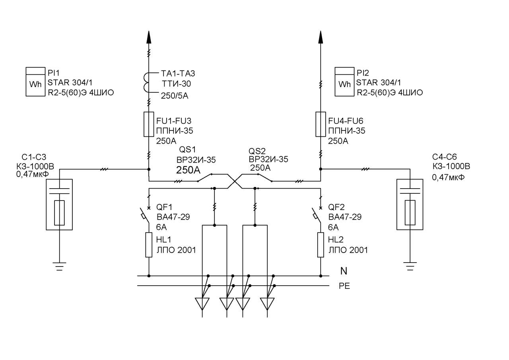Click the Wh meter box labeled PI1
pos(35,82)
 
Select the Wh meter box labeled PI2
pos(344,82)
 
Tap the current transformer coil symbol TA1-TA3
pos(147,83)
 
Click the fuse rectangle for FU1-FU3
pos(149,125)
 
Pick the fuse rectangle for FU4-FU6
pos(321,125)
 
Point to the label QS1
pos(187,150)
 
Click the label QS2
pos(257,151)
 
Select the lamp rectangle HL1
pos(149,245)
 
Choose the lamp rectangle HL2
pos(321,245)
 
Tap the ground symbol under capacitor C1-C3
pos(59,267)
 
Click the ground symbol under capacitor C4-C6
pos(410,267)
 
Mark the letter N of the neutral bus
pos(344,271)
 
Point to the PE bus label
pos(344,286)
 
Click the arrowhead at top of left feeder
pos(149,37)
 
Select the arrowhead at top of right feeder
pos(321,37)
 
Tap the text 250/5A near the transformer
pos(175,96)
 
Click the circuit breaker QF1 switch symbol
pos(145,215)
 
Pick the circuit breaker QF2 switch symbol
pos(317,215)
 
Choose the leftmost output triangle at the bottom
pos(202,304)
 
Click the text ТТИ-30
pos(176,84)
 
